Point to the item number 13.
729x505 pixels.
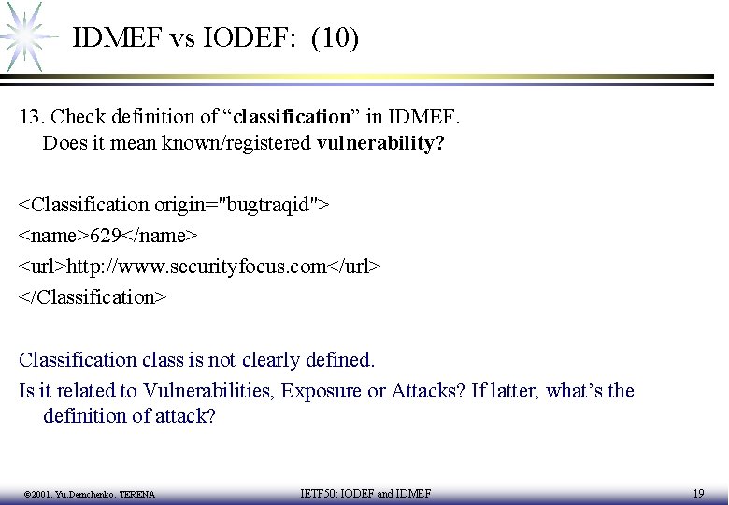point(32,118)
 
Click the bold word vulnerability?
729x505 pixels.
point(380,144)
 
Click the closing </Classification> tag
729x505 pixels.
point(93,296)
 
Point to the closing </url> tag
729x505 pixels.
point(353,266)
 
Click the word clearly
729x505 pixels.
point(274,360)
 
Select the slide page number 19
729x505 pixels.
point(698,493)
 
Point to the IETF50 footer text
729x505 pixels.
point(365,493)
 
